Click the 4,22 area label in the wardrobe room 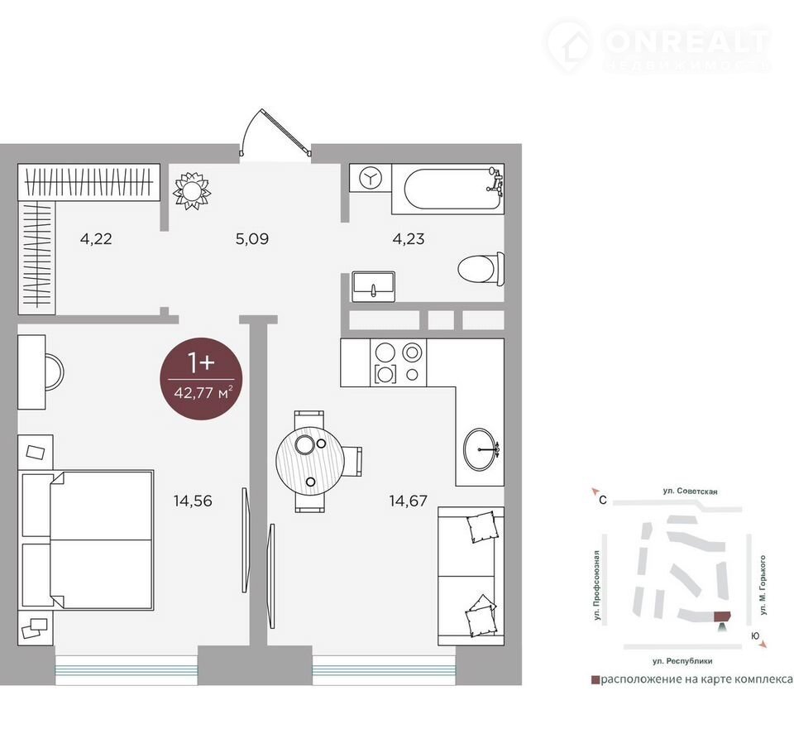pyautogui.click(x=96, y=238)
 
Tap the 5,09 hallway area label pyautogui.click(x=252, y=238)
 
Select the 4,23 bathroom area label pyautogui.click(x=409, y=238)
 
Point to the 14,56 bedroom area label pyautogui.click(x=193, y=501)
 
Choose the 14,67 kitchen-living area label pyautogui.click(x=408, y=501)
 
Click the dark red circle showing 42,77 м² pyautogui.click(x=201, y=378)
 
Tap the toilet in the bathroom pyautogui.click(x=481, y=268)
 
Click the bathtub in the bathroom pyautogui.click(x=447, y=189)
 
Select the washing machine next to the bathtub pyautogui.click(x=371, y=177)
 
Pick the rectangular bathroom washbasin pyautogui.click(x=374, y=287)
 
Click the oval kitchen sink pyautogui.click(x=481, y=449)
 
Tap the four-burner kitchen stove pyautogui.click(x=399, y=362)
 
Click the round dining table pyautogui.click(x=310, y=461)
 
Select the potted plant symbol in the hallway pyautogui.click(x=192, y=191)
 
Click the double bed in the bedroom pyautogui.click(x=86, y=540)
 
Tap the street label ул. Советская pyautogui.click(x=690, y=491)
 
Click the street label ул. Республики pyautogui.click(x=682, y=661)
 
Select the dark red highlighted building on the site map pyautogui.click(x=722, y=616)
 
